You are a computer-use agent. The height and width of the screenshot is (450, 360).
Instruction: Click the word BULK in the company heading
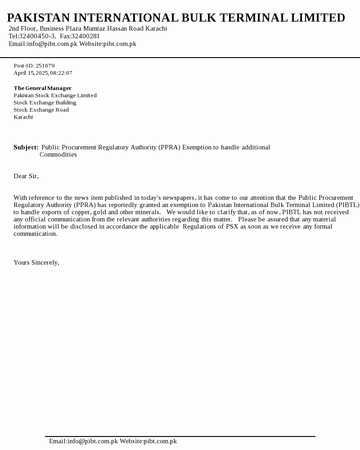click(x=198, y=18)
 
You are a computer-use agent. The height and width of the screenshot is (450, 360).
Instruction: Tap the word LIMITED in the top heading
click(x=318, y=18)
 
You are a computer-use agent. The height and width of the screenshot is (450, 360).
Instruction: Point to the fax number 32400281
click(x=85, y=36)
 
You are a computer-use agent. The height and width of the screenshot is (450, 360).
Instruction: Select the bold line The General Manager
click(x=42, y=88)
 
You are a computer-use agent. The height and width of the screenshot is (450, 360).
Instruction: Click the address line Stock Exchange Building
click(x=45, y=103)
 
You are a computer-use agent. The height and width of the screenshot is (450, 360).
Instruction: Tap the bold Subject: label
click(x=26, y=147)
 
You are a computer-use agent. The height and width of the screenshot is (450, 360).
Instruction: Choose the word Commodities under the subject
click(x=58, y=154)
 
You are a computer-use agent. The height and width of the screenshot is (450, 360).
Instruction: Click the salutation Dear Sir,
click(x=26, y=176)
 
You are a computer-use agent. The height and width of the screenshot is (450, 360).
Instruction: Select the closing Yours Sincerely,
click(x=36, y=262)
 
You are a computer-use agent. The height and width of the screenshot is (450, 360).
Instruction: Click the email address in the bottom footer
click(x=83, y=441)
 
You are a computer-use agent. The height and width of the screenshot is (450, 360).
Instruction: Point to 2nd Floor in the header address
click(x=22, y=28)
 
